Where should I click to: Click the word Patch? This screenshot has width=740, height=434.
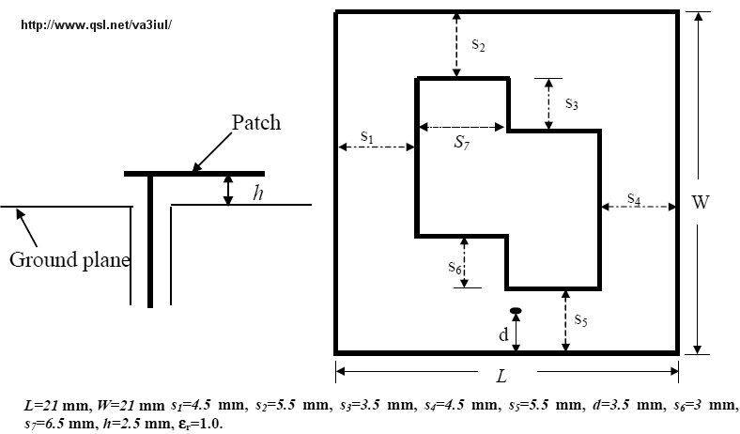tap(256, 122)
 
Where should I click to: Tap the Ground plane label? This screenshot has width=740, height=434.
tap(69, 258)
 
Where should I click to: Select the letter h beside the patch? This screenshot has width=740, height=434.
tap(258, 193)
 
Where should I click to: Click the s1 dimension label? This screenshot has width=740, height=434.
tap(367, 137)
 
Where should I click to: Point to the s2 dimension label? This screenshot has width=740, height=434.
tap(478, 44)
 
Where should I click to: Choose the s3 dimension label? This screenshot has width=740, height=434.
tap(571, 103)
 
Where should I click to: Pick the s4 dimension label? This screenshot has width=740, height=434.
tap(634, 199)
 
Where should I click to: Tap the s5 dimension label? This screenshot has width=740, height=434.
tap(581, 320)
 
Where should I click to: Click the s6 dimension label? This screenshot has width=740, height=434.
tap(455, 267)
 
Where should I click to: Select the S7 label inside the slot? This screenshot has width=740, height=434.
tap(462, 143)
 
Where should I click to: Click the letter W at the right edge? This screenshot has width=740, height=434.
tap(700, 202)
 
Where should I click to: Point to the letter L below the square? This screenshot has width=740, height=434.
tap(502, 377)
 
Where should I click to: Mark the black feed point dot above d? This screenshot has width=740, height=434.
tap(516, 310)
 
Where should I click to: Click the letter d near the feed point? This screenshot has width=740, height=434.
tap(503, 334)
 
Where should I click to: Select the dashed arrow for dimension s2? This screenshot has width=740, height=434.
tap(455, 44)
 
